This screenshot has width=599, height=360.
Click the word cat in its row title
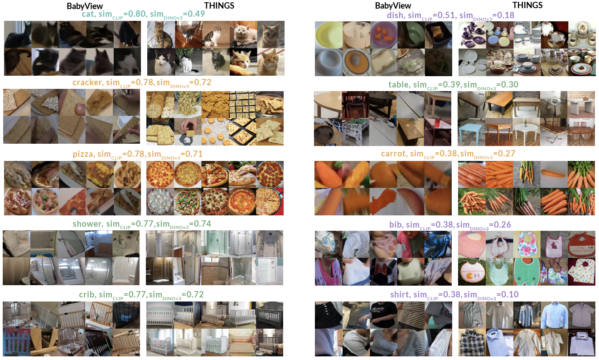88,14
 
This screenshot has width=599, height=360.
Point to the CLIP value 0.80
137,14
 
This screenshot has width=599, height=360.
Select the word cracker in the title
87,83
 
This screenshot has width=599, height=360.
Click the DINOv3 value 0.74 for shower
203,224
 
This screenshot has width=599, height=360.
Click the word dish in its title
395,15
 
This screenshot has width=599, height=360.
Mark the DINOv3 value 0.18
505,15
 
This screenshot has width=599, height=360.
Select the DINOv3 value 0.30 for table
509,85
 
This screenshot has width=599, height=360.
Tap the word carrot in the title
393,154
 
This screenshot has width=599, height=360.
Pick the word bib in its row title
396,224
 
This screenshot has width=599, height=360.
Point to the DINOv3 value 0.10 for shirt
510,294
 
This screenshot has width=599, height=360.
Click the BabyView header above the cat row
85,6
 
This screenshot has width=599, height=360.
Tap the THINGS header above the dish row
527,5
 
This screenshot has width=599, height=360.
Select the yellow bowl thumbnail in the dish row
328,35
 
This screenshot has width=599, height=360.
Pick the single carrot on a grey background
554,175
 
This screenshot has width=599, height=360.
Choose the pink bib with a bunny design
554,244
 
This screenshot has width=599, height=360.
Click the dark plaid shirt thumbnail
472,343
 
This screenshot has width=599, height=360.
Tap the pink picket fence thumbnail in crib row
17,343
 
